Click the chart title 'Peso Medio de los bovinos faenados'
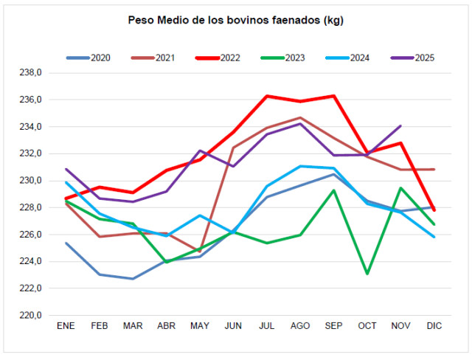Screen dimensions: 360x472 (x=235, y=20)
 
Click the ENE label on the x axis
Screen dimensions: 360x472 (x=66, y=326)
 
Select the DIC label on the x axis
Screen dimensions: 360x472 (x=434, y=326)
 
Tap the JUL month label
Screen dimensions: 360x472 (x=266, y=326)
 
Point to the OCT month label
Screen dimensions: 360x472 (x=367, y=326)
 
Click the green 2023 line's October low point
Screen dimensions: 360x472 (x=367, y=274)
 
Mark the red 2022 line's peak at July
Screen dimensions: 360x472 (x=266, y=96)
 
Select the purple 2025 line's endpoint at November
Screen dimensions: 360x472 (x=400, y=126)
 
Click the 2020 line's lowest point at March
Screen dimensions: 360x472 (x=133, y=279)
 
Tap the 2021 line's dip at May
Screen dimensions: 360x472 (x=200, y=251)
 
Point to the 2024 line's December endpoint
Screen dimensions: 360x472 (x=434, y=237)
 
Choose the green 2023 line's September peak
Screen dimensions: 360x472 (x=333, y=190)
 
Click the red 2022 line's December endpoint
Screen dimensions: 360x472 (x=434, y=210)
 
